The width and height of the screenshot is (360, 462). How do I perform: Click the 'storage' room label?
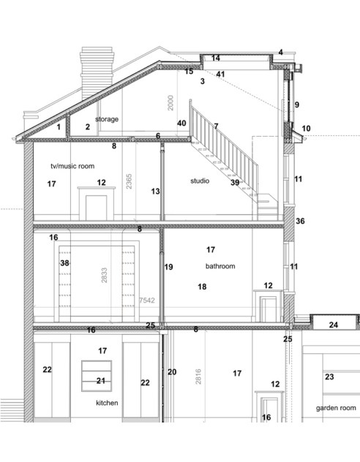click(x=106, y=118)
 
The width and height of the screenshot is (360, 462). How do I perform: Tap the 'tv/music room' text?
click(x=72, y=166)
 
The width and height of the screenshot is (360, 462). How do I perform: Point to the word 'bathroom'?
click(x=220, y=267)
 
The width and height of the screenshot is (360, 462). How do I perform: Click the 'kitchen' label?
click(x=107, y=403)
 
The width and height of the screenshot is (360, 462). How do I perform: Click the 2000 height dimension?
click(x=170, y=103)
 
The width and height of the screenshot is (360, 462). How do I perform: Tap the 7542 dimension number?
click(x=147, y=300)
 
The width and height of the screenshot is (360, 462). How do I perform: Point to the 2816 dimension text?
click(x=198, y=376)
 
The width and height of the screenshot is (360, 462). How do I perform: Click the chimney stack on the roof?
click(x=97, y=73)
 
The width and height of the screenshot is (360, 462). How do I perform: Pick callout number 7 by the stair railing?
click(x=216, y=126)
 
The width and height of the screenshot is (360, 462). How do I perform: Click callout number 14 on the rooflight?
click(x=216, y=58)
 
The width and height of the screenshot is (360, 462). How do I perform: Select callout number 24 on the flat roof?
click(x=334, y=324)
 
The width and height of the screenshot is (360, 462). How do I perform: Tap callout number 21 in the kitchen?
click(x=101, y=380)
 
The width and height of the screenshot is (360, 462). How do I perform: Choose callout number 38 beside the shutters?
click(x=64, y=263)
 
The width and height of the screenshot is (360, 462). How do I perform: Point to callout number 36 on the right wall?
click(x=300, y=221)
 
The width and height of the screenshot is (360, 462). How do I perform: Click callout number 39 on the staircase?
click(x=235, y=183)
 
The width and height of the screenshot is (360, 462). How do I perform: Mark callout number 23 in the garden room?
click(x=329, y=377)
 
